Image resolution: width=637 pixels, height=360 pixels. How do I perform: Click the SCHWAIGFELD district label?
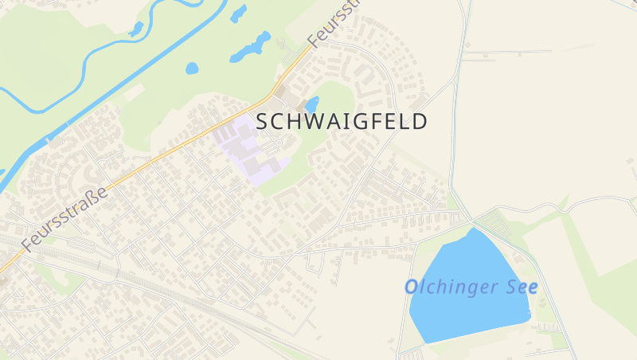pyautogui.click(x=342, y=121)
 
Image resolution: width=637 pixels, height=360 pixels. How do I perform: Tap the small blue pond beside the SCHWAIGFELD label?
pyautogui.click(x=312, y=104)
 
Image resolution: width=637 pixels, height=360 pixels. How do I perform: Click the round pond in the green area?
pyautogui.click(x=192, y=68)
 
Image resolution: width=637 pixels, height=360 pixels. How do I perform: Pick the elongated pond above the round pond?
pyautogui.click(x=250, y=48)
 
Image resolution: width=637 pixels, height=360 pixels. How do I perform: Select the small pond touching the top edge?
pyautogui.click(x=238, y=13)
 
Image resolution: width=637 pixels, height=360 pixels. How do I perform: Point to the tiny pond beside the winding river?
pyautogui.click(x=136, y=29)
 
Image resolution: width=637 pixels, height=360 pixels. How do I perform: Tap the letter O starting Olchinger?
pyautogui.click(x=411, y=288)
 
